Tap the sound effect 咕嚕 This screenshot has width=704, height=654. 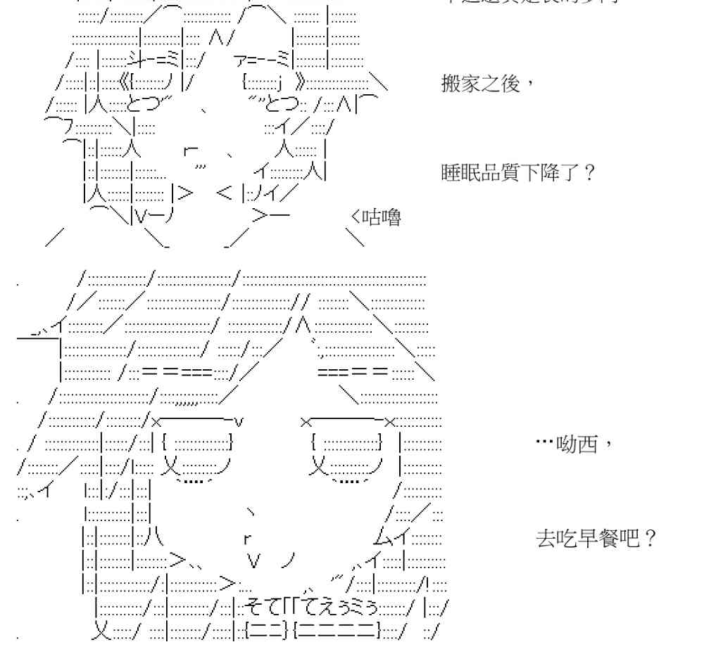[x=381, y=219]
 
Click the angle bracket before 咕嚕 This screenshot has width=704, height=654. [x=354, y=219]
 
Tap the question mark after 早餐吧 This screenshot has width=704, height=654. [x=650, y=540]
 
